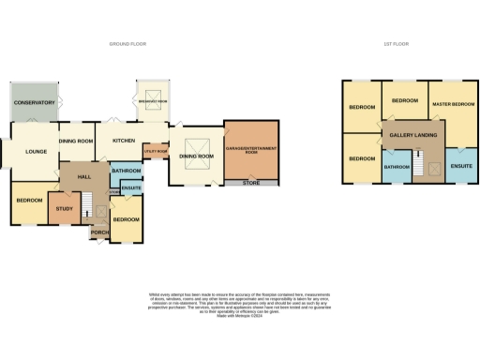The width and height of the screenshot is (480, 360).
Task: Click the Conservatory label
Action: (33, 102)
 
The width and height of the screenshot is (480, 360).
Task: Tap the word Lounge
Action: (36, 151)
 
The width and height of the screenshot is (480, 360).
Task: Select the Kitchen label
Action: (124, 141)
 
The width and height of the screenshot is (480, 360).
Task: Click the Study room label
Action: (64, 208)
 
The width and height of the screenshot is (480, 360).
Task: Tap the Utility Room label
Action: (155, 151)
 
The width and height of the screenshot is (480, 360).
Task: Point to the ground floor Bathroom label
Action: (126, 172)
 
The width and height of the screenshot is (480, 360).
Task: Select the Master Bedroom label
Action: (452, 102)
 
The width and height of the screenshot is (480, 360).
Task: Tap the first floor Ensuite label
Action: (461, 166)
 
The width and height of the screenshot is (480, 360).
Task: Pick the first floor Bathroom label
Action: (396, 167)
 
